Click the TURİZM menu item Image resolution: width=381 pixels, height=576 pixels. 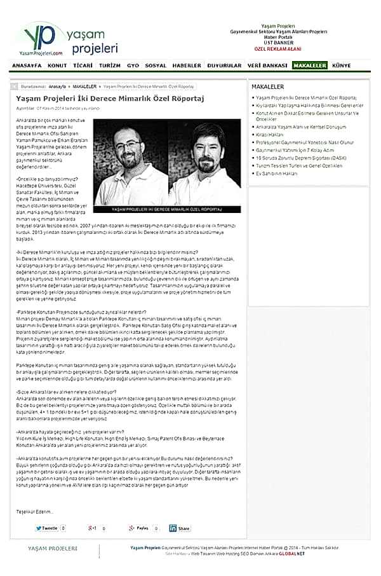point(110,65)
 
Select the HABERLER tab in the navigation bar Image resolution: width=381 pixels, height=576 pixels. point(187,65)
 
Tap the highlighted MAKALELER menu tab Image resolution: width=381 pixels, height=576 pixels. point(310,65)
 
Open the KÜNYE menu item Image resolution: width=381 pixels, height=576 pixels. point(342,65)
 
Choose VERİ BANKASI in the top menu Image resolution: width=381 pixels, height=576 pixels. point(267,65)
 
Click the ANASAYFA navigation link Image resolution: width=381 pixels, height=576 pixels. point(27,65)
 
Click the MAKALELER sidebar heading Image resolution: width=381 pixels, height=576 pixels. point(268,85)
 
